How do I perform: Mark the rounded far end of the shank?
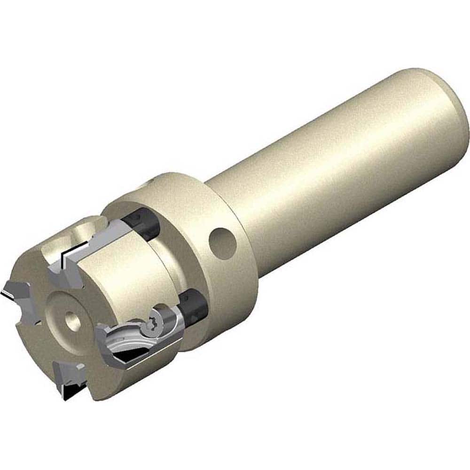(451, 117)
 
